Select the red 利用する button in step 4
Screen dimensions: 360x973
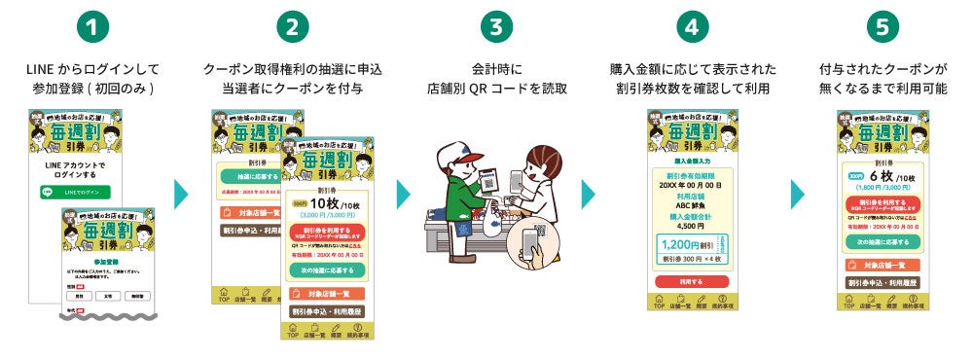[690, 281]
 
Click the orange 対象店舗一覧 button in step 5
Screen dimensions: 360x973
[883, 266]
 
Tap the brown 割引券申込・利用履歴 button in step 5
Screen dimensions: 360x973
[883, 283]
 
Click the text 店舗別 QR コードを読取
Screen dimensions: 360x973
[496, 90]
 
